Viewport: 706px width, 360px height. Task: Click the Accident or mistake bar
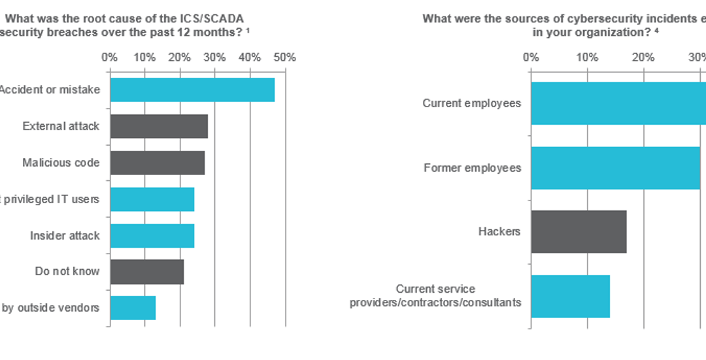pyautogui.click(x=192, y=90)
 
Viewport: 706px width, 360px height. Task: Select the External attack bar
pyautogui.click(x=159, y=126)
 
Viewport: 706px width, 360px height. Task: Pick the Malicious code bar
pyautogui.click(x=157, y=163)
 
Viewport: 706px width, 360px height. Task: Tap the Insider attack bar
pyautogui.click(x=152, y=236)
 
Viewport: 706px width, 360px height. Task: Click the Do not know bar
pyautogui.click(x=146, y=272)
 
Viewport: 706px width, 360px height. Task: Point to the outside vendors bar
pyautogui.click(x=133, y=308)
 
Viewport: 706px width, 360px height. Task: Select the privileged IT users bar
pyautogui.click(x=152, y=199)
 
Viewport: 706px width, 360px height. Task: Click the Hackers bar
pyautogui.click(x=579, y=231)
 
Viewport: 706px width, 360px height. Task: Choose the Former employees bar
pyautogui.click(x=615, y=168)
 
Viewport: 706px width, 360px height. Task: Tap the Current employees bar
pyautogui.click(x=618, y=103)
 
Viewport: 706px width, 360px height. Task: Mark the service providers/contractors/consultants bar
pyautogui.click(x=570, y=296)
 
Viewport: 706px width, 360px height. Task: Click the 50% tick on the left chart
pyautogui.click(x=285, y=57)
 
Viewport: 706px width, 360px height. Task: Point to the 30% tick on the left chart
pyautogui.click(x=214, y=57)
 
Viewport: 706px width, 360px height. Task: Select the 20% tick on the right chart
pyautogui.click(x=644, y=57)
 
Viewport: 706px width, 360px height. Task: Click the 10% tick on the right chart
pyautogui.click(x=587, y=57)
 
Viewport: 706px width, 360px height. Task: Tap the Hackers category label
pyautogui.click(x=499, y=231)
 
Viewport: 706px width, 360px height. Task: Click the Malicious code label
pyautogui.click(x=61, y=163)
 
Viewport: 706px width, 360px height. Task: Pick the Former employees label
pyautogui.click(x=472, y=168)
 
